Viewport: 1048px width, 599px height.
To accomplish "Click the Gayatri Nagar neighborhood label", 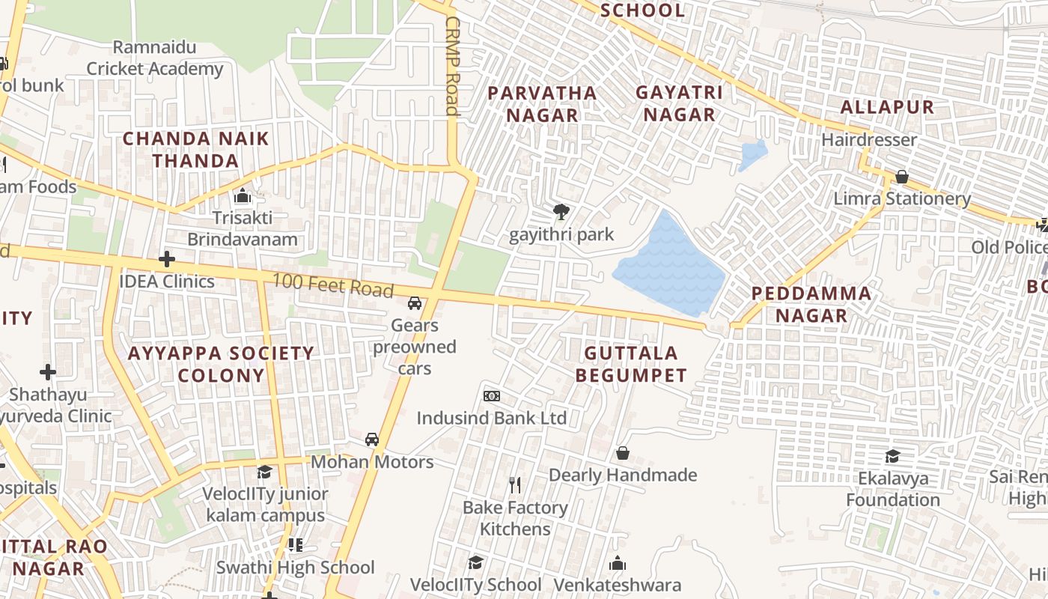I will [x=679, y=103].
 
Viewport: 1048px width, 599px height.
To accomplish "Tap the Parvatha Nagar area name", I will [x=542, y=103].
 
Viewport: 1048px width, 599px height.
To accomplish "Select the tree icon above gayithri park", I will [x=561, y=212].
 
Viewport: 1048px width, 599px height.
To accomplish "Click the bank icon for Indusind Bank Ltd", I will [x=491, y=395].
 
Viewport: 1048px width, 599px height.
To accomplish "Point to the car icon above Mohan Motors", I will [x=371, y=440].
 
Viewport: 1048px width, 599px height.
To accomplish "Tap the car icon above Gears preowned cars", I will [x=414, y=303].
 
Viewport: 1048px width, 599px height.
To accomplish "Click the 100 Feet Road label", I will [x=333, y=286].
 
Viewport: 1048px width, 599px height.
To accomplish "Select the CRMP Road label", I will [x=451, y=66].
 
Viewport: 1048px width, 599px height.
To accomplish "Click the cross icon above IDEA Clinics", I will [x=167, y=259].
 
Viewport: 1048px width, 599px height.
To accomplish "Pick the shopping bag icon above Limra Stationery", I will [x=902, y=177].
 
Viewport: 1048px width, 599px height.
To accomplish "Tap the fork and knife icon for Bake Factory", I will [x=514, y=485].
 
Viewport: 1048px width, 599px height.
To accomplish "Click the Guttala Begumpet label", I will [x=631, y=364].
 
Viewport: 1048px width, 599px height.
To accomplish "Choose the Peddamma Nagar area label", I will [x=811, y=304].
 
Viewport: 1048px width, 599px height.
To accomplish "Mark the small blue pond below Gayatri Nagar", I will [x=752, y=155].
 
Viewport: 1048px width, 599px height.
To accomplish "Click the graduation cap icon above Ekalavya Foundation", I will [x=892, y=456].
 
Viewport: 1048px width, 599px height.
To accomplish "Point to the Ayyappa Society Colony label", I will [x=221, y=364].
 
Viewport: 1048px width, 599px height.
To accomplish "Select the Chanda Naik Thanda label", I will [x=195, y=150].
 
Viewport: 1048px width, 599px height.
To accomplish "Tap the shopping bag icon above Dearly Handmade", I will [x=622, y=453].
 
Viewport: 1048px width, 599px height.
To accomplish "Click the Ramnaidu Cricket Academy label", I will [x=154, y=58].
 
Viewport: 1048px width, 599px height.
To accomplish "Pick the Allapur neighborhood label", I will [x=887, y=107].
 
